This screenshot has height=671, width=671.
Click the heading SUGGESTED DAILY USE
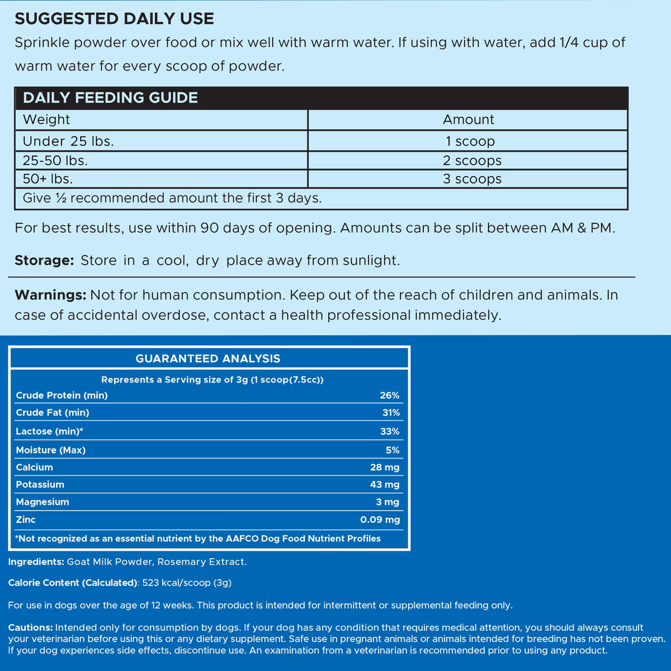[x=114, y=18]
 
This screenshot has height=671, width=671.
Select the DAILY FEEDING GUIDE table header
[x=110, y=98]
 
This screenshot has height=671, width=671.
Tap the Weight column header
[x=46, y=120]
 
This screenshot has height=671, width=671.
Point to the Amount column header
[x=469, y=120]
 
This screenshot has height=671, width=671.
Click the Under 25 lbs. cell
[x=68, y=141]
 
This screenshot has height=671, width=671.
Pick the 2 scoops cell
[x=472, y=161]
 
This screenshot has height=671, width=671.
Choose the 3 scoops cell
[x=472, y=179]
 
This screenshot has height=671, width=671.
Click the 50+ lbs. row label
[x=48, y=179]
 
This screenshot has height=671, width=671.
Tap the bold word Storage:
[x=44, y=261]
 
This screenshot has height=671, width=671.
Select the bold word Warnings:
[x=50, y=295]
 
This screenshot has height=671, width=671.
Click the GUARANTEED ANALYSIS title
[x=208, y=359]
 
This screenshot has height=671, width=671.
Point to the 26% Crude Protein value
[x=389, y=395]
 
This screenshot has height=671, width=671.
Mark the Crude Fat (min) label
[x=53, y=413]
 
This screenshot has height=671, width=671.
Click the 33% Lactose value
[x=389, y=432]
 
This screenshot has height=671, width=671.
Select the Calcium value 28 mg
[x=385, y=467]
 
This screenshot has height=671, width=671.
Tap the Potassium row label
[x=40, y=485]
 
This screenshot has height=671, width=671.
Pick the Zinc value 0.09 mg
[x=380, y=520]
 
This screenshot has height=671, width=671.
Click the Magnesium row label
[x=42, y=502]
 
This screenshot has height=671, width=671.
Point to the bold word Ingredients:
[x=36, y=562]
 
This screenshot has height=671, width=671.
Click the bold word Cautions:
[x=31, y=628]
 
